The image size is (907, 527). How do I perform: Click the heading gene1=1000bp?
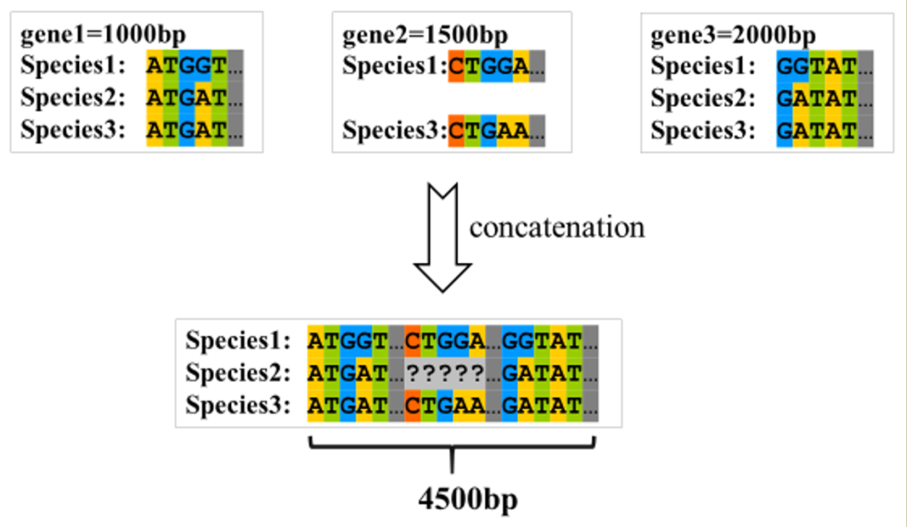103,36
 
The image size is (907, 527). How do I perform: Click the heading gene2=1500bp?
425,36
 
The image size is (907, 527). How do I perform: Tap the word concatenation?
557,227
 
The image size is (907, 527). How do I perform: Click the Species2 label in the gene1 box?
73,98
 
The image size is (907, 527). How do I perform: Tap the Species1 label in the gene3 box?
703,66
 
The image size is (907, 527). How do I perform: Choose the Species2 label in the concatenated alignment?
238,372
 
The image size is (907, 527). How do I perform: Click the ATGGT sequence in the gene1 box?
186,66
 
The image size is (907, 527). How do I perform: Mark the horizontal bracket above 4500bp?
453,444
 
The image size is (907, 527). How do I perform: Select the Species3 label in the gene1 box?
73,130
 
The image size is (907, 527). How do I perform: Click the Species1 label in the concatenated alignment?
238,341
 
